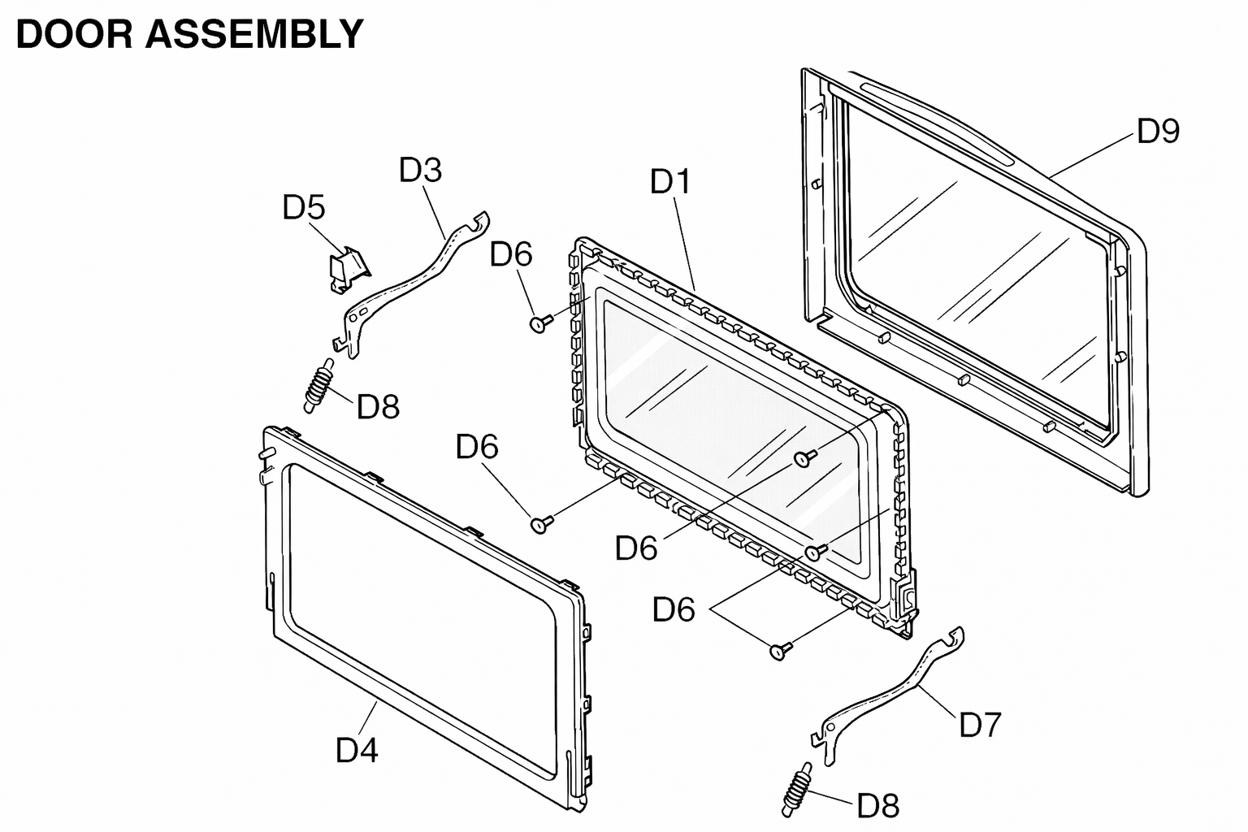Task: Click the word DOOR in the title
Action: click(x=75, y=34)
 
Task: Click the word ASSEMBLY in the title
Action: click(x=254, y=34)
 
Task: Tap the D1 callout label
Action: click(x=670, y=182)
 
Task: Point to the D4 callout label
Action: click(x=357, y=749)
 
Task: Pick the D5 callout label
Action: click(x=304, y=207)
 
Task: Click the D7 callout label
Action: click(x=980, y=725)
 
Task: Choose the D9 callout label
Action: click(x=1159, y=132)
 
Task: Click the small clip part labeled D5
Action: click(x=349, y=270)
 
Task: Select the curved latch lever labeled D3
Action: click(x=412, y=284)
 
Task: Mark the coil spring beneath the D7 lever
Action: click(x=797, y=790)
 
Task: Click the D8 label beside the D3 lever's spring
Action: click(x=379, y=406)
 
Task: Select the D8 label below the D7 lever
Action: click(x=878, y=805)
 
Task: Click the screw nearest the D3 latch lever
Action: click(x=540, y=323)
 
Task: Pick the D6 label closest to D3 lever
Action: click(x=511, y=254)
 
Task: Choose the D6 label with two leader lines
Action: click(x=674, y=609)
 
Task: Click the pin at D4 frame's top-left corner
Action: click(x=267, y=453)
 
